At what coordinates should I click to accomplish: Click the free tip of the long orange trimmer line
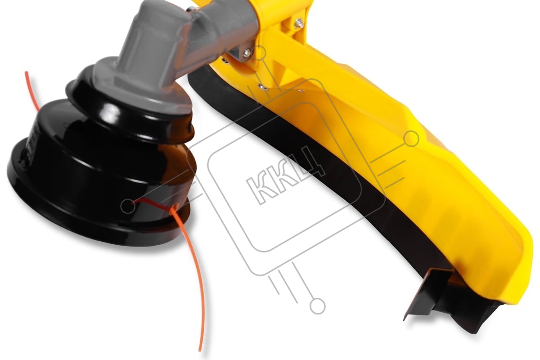(200, 350)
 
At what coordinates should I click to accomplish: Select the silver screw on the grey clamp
(247, 53)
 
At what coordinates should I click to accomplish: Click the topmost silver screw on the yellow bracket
(299, 22)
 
